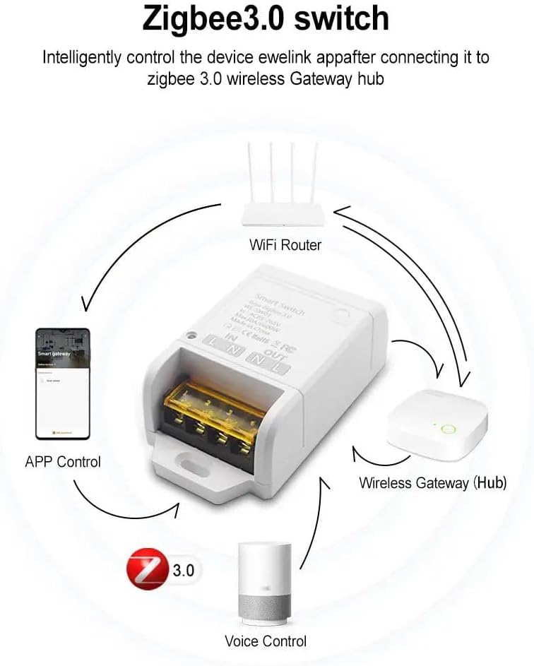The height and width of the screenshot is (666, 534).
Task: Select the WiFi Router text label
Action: click(285, 245)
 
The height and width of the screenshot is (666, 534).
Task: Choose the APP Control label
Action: click(63, 462)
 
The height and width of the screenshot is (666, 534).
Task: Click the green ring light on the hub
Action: click(446, 428)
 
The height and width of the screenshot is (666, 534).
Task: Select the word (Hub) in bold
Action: click(490, 483)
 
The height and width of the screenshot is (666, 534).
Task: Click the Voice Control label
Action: click(266, 641)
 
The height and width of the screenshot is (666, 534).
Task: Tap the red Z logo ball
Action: click(146, 569)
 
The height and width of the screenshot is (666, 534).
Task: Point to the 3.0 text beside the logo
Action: click(182, 570)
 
